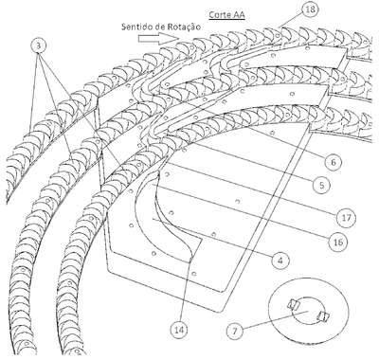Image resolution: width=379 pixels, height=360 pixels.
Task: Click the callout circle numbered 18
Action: point(309,9)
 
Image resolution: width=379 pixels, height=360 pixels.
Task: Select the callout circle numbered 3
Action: point(39,45)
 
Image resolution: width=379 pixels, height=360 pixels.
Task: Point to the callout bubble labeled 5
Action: point(321,185)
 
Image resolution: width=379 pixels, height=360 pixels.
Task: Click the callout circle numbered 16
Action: point(337,242)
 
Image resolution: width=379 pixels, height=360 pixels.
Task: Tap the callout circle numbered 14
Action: point(179,330)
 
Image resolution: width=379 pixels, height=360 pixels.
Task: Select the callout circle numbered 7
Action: point(235,332)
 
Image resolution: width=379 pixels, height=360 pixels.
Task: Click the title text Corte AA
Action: point(226,15)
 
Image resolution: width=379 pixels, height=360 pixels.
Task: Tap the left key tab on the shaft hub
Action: point(293,304)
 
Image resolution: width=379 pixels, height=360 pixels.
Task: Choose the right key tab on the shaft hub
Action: point(323,316)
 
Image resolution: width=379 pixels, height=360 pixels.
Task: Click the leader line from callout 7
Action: point(275,320)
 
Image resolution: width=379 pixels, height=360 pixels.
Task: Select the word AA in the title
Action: point(239,15)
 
